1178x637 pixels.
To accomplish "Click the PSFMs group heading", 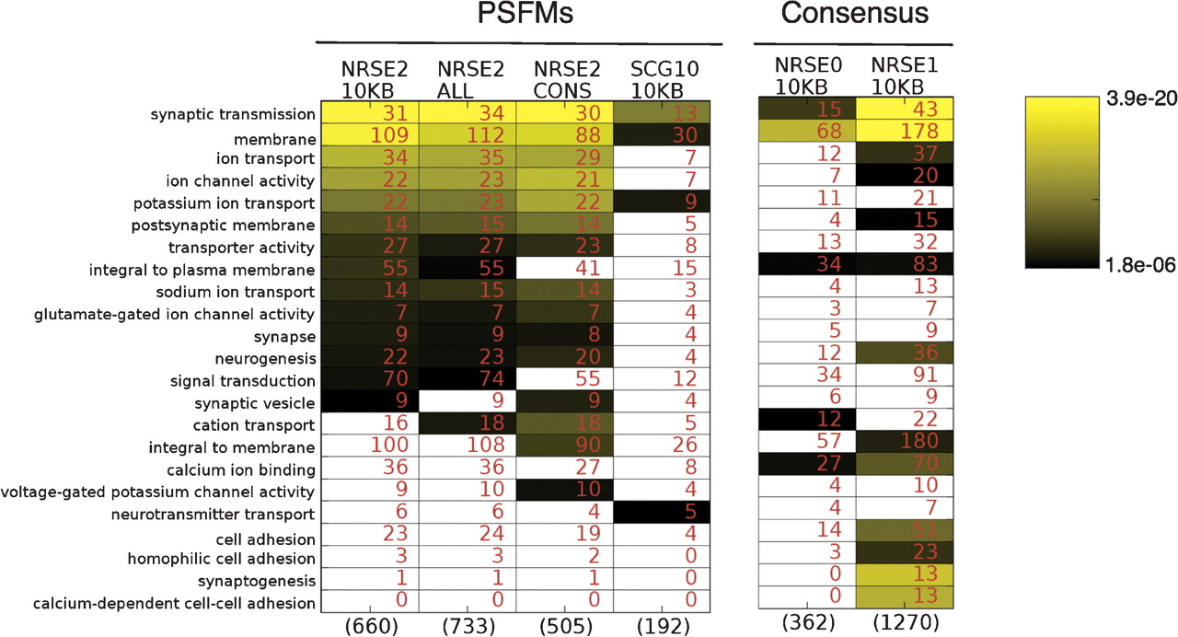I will click(518, 16).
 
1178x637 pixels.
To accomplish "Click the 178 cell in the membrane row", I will click(921, 137).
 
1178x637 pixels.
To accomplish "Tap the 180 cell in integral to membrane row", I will click(921, 447).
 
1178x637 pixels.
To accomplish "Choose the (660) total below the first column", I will click(368, 625).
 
